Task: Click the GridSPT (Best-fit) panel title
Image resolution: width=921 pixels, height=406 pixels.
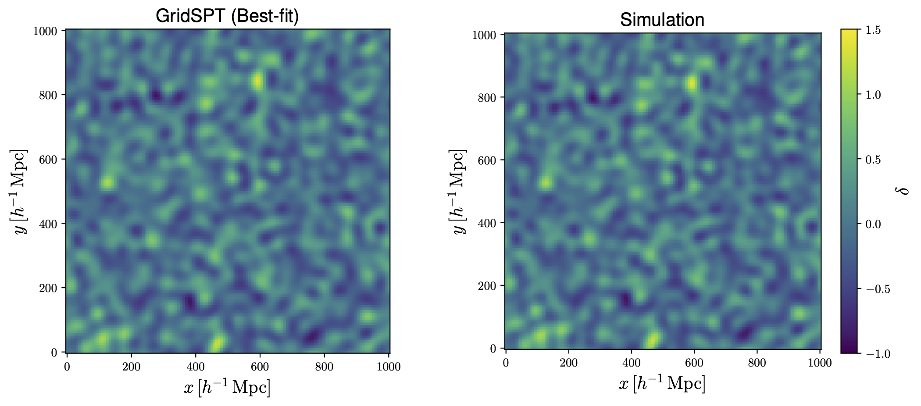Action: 227,16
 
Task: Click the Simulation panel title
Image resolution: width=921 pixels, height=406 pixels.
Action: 662,20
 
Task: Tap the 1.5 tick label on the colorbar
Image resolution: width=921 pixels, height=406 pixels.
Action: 874,30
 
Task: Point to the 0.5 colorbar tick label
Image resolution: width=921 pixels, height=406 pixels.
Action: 874,160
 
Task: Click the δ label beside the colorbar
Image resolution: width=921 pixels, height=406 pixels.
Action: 905,191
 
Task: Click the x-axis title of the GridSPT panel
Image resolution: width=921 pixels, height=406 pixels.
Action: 227,388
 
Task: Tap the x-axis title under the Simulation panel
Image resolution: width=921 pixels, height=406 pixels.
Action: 662,384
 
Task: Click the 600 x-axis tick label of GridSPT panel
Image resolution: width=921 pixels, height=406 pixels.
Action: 260,367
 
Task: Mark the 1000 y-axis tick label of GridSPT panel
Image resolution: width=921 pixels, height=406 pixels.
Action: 45,31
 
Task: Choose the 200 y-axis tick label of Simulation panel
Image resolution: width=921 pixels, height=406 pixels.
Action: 486,286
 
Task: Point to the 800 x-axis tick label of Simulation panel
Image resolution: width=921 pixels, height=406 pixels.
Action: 757,363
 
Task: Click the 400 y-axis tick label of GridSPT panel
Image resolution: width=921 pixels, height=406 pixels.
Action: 48,224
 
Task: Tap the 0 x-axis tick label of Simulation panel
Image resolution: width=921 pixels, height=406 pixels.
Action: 506,363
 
